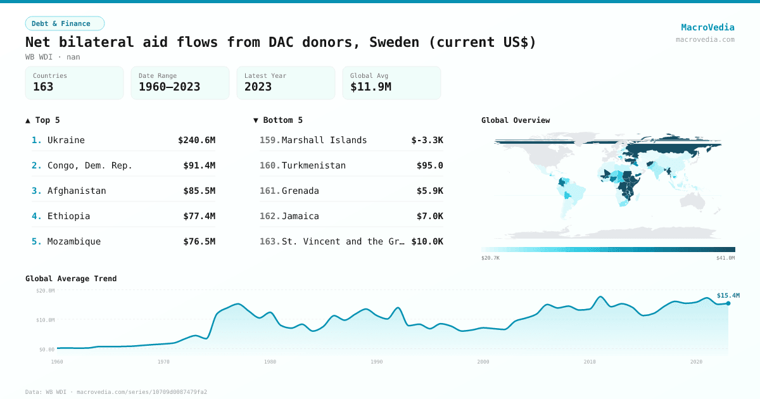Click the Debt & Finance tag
click(65, 23)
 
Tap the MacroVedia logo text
click(707, 27)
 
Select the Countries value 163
click(43, 87)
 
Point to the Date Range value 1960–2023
click(169, 87)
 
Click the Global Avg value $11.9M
click(370, 87)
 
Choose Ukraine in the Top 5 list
click(66, 140)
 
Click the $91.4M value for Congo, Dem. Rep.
click(199, 165)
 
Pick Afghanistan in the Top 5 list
click(77, 191)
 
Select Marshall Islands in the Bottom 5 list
click(324, 140)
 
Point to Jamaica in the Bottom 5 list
click(300, 216)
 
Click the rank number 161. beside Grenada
click(270, 191)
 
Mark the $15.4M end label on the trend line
click(728, 295)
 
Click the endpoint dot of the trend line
click(728, 303)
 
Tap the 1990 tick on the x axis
click(377, 362)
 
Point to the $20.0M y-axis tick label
click(46, 290)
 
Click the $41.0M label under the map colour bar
click(726, 258)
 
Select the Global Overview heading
click(516, 120)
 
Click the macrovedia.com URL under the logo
click(705, 39)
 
